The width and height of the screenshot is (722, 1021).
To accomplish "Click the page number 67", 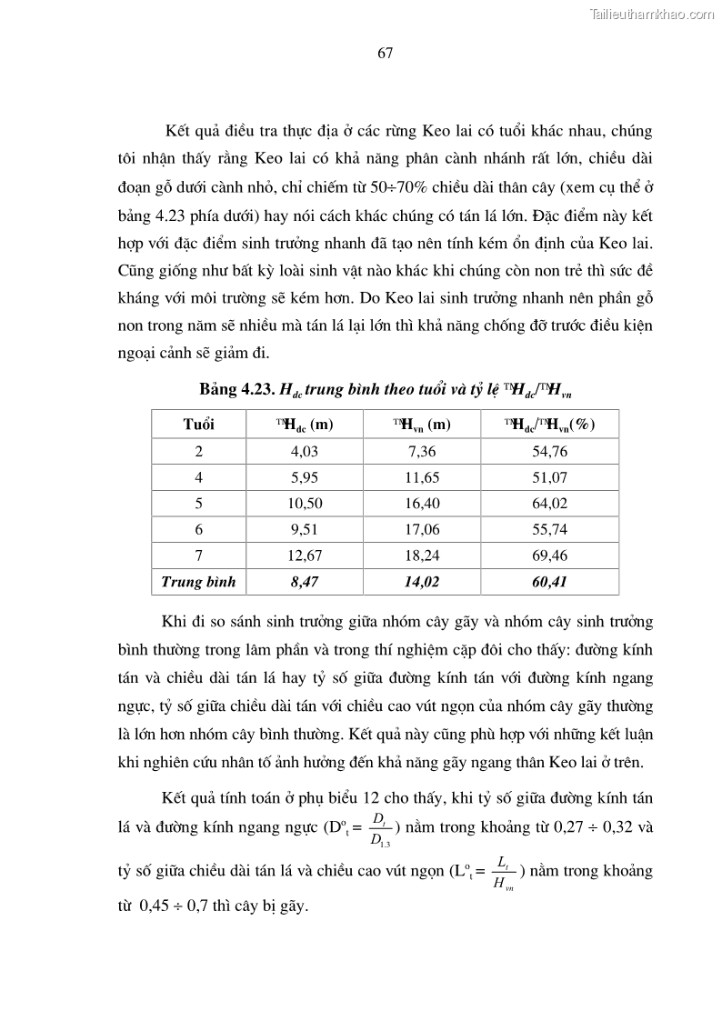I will coord(385,53).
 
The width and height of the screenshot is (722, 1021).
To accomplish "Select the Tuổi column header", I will coord(199,425).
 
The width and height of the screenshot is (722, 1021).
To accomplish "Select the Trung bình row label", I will coord(198,582).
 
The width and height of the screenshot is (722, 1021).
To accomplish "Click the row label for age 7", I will coord(199,556).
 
